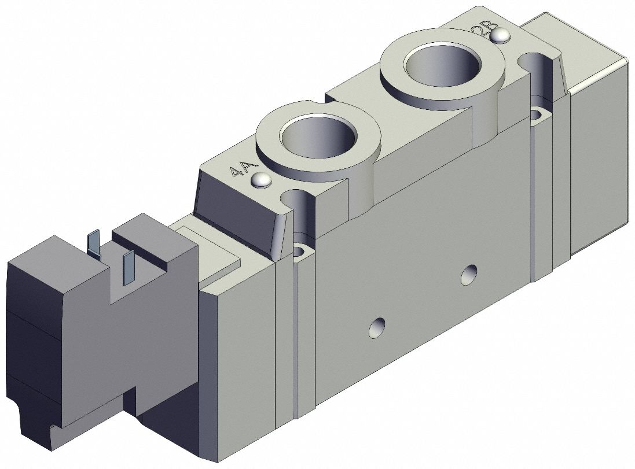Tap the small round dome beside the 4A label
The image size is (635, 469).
pos(262,180)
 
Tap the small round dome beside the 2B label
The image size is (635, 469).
pos(499,36)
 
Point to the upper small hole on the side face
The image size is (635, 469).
pos(469,274)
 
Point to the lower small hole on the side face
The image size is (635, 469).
pos(377,328)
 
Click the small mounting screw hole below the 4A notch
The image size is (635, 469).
pos(300,251)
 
